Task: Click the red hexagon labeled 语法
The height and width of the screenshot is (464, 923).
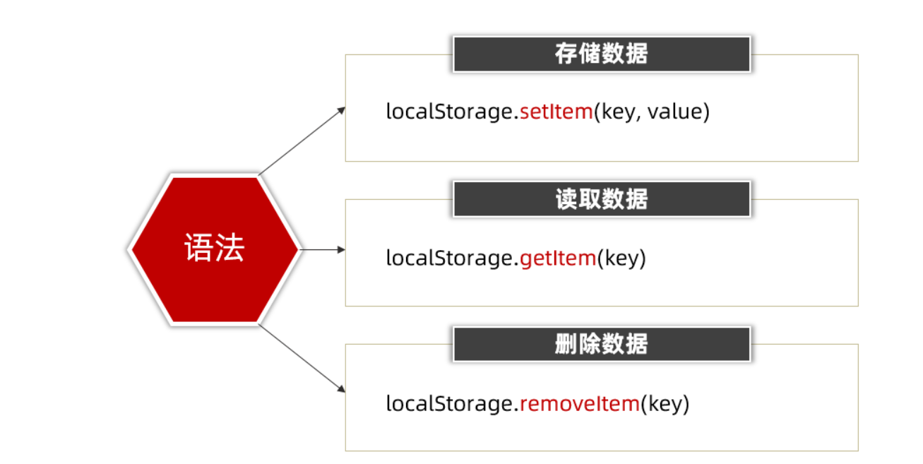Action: click(214, 249)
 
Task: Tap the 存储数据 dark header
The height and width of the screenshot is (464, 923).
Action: click(601, 54)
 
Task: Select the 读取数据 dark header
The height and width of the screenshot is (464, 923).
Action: click(601, 199)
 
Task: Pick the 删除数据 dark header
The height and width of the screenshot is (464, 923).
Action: click(601, 344)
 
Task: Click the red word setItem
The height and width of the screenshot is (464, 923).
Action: click(556, 112)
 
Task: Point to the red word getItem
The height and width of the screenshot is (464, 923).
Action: click(558, 258)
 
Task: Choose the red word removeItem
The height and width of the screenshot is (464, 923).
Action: click(580, 404)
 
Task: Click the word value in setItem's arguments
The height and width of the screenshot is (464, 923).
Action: click(674, 112)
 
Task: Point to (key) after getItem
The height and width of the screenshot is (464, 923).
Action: click(621, 258)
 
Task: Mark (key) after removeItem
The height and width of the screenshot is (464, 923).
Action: click(665, 404)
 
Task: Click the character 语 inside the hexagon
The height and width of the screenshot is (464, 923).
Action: click(198, 249)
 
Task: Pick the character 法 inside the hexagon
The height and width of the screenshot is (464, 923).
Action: click(230, 249)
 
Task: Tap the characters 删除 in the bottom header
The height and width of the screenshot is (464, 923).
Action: click(578, 344)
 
